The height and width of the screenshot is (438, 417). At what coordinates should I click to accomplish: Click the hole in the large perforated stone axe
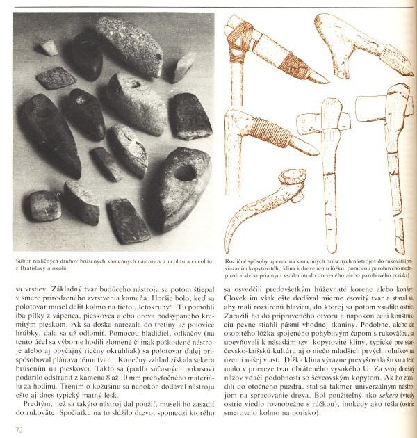click(x=183, y=172)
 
